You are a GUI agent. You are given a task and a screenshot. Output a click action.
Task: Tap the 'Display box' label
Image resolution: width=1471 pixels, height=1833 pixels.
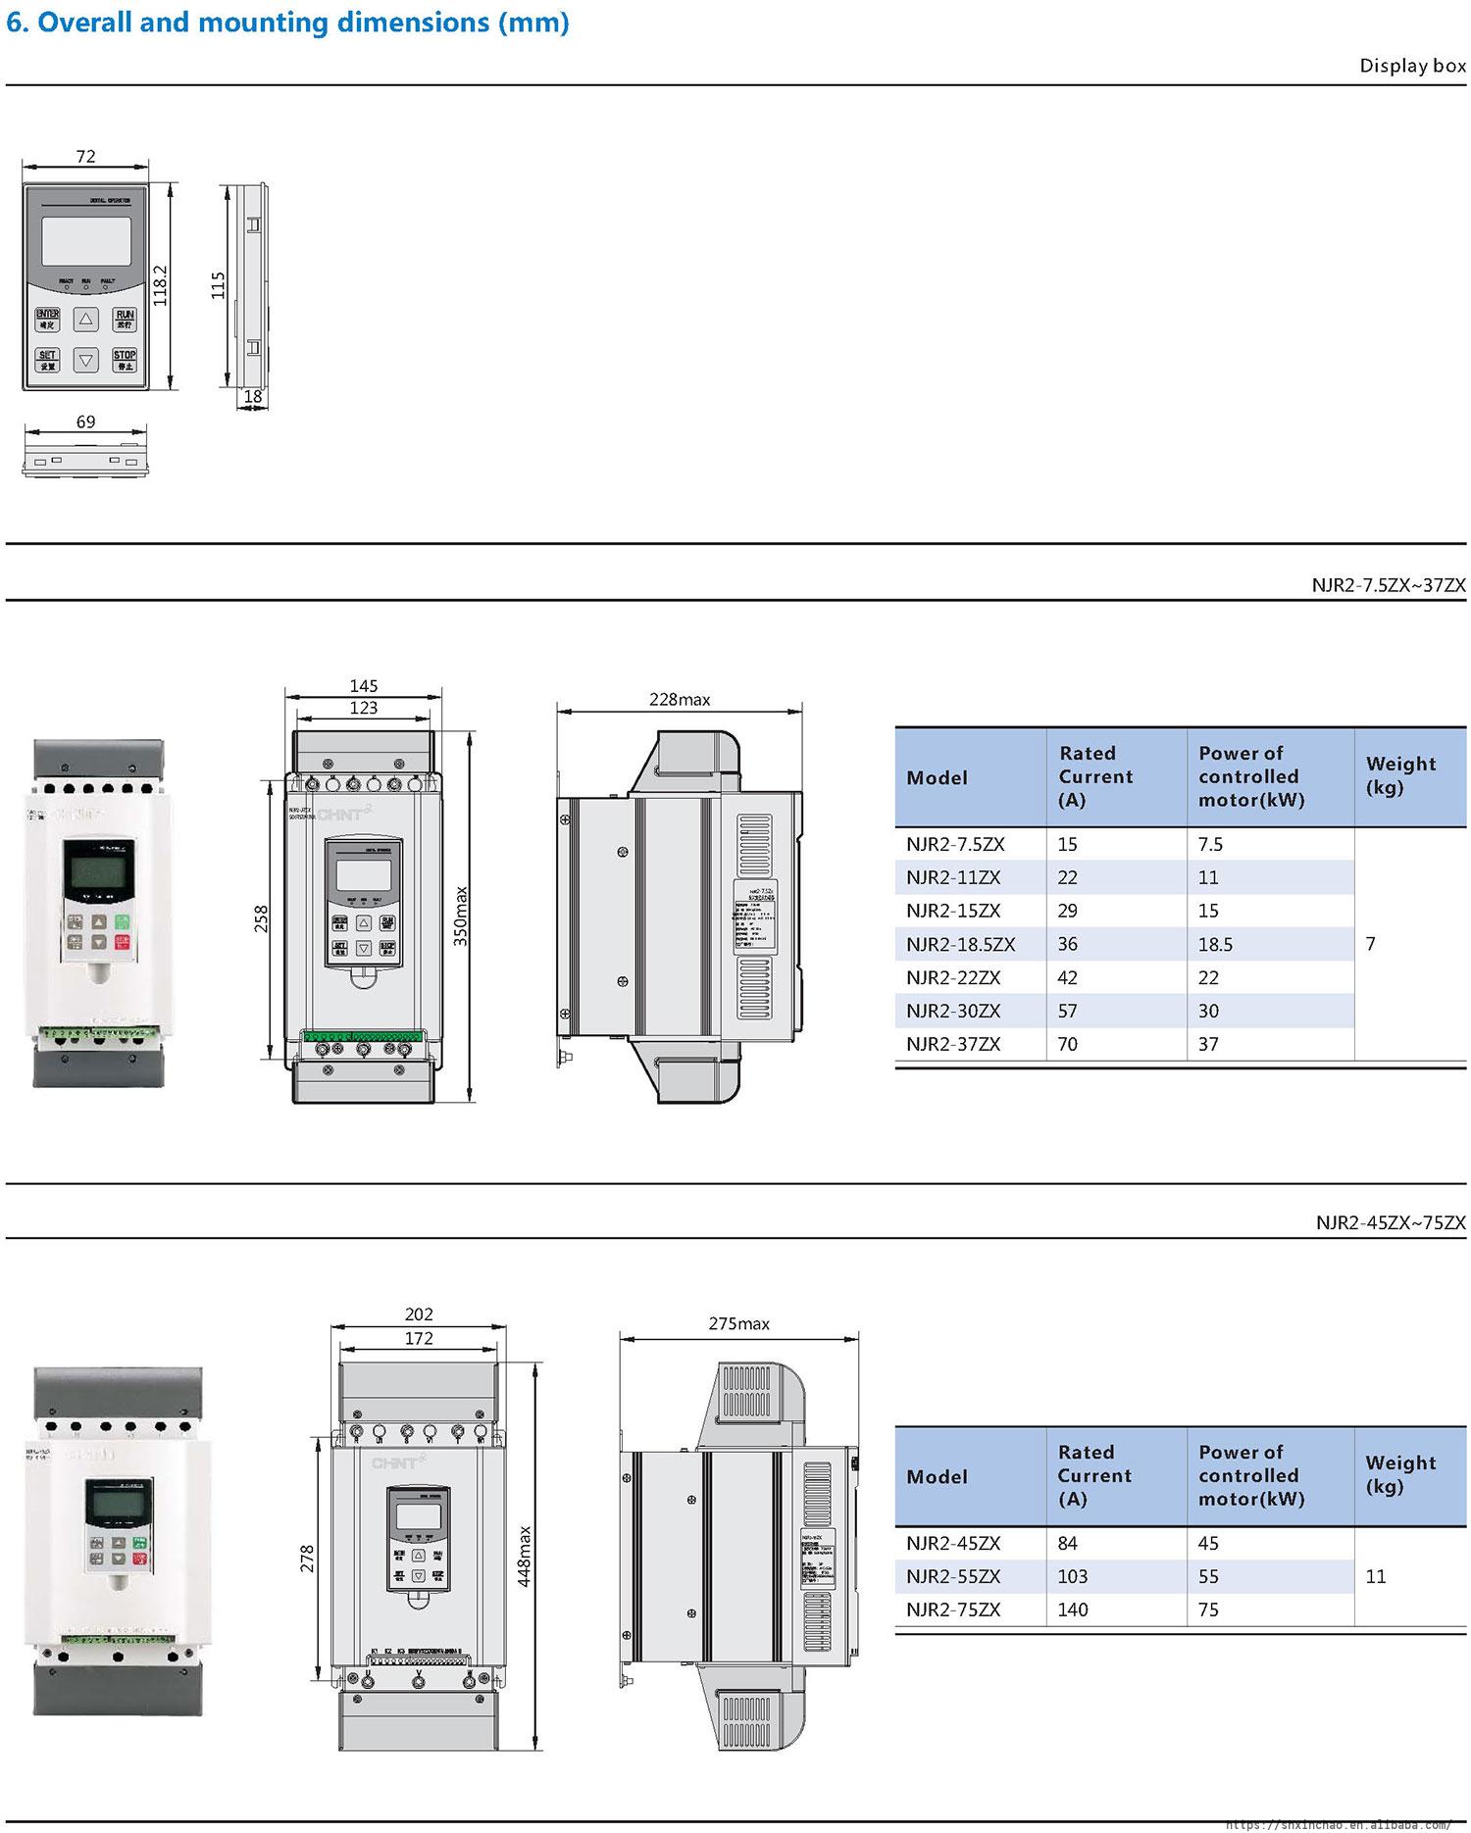[x=1412, y=66]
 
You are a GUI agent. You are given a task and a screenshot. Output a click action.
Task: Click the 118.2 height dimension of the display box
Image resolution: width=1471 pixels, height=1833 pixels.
[x=162, y=285]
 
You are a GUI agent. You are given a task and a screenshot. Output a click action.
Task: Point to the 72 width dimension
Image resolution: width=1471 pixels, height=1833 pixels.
[x=85, y=156]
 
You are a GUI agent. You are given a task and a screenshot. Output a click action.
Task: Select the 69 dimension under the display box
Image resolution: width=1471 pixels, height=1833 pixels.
[x=85, y=421]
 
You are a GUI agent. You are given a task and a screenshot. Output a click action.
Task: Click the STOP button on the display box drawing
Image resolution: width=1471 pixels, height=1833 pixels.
[x=125, y=359]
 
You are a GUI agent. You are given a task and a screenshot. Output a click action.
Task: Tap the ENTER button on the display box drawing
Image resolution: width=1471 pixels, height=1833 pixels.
[x=47, y=319]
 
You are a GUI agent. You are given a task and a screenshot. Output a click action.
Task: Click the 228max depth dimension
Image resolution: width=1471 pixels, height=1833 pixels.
[x=680, y=699]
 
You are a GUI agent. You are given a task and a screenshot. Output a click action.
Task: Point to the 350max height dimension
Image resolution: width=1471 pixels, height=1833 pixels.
[x=461, y=916]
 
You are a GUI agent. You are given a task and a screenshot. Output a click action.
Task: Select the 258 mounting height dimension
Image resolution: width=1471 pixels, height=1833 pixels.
[x=261, y=918]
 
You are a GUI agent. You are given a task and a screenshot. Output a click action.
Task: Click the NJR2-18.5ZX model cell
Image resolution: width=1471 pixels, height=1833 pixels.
[x=960, y=944]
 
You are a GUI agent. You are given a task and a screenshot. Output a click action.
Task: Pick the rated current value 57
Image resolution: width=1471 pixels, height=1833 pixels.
[x=1067, y=1011]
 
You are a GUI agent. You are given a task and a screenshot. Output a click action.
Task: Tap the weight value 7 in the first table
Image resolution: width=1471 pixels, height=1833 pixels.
[x=1370, y=943]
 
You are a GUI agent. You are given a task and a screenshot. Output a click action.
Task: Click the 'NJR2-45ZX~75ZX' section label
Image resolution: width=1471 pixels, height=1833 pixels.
[x=1391, y=1222]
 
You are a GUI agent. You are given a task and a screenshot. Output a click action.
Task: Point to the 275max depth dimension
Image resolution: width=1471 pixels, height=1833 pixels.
[x=738, y=1323]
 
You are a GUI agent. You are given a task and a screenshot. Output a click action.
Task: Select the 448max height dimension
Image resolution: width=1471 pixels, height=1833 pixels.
[x=525, y=1556]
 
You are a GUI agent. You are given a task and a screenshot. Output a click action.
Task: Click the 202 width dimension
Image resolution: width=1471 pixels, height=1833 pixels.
[x=419, y=1314]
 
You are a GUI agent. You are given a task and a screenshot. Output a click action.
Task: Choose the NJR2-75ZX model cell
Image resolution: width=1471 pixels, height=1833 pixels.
[x=953, y=1610]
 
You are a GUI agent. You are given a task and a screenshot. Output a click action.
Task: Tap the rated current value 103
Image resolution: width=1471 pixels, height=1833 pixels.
[x=1073, y=1576]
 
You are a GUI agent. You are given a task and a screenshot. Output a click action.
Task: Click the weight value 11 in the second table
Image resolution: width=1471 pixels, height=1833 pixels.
[x=1375, y=1576]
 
